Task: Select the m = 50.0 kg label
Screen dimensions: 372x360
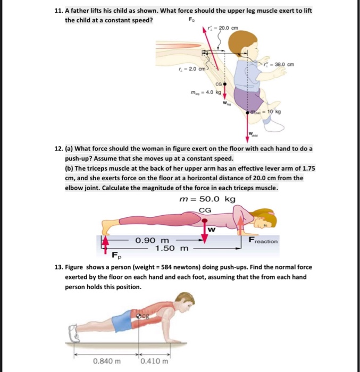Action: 207,199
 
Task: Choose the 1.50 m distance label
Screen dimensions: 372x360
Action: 172,248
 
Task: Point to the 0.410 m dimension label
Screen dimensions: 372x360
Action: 155,361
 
